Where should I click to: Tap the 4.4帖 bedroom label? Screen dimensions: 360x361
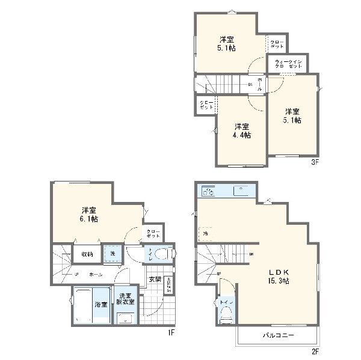[x=242, y=130]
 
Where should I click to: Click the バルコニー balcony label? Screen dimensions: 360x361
[x=277, y=336]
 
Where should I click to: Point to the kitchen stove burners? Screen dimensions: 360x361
[x=208, y=192]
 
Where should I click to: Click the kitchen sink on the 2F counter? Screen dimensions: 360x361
[x=239, y=192]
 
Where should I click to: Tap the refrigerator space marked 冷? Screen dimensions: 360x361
[x=205, y=233]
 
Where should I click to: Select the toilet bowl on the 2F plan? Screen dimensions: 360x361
[x=226, y=315]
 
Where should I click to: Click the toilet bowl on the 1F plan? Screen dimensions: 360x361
[x=161, y=255]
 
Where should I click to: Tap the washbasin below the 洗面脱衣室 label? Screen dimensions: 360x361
[x=127, y=319]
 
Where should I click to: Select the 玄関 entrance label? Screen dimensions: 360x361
[x=155, y=279]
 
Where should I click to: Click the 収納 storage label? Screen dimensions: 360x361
[x=87, y=254]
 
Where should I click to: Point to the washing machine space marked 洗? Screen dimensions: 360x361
[x=112, y=254]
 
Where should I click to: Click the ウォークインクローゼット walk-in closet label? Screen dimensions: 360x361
[x=288, y=64]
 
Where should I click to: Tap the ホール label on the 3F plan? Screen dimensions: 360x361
[x=259, y=84]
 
